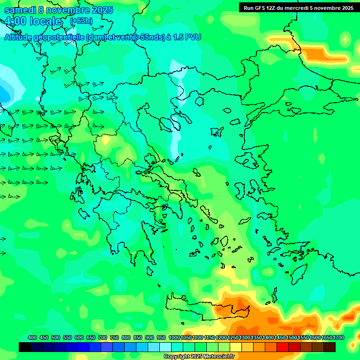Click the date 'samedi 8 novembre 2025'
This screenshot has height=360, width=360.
[x=59, y=10]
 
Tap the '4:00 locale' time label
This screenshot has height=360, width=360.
[x=33, y=21]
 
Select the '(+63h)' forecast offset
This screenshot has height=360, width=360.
[x=81, y=21]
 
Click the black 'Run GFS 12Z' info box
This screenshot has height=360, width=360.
[x=298, y=7]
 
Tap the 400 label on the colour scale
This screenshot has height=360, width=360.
[x=32, y=337]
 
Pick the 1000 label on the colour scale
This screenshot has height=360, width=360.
[x=174, y=337]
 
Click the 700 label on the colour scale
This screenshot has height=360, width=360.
[x=103, y=337]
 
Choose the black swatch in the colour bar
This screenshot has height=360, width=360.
[x=25, y=347]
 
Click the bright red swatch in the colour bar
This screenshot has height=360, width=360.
[x=283, y=347]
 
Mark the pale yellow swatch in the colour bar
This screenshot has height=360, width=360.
[x=236, y=347]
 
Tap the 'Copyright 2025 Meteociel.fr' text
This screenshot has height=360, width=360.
[x=199, y=357]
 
